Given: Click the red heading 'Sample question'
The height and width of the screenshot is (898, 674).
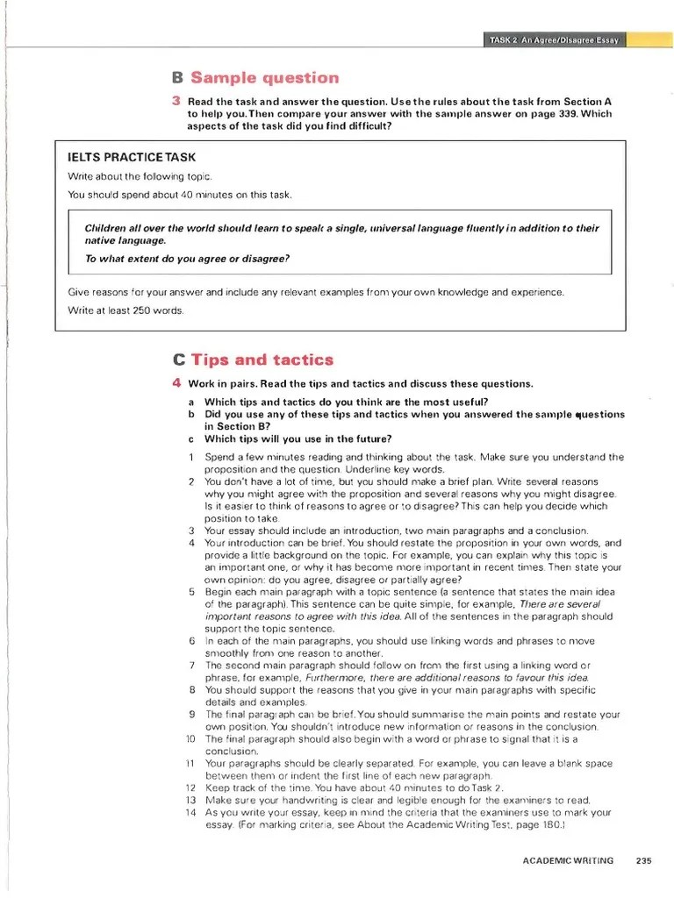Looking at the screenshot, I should tap(264, 78).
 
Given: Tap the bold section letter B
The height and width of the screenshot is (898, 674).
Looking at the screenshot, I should tap(178, 78).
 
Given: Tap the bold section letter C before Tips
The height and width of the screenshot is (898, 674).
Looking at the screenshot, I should tap(179, 360).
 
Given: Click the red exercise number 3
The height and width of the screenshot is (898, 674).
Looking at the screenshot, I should tap(176, 102).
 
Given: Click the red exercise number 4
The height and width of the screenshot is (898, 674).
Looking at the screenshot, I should tap(176, 383).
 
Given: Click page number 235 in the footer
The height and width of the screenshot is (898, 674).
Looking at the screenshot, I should tap(645, 860).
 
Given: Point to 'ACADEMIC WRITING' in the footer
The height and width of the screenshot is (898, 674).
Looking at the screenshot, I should tap(568, 860).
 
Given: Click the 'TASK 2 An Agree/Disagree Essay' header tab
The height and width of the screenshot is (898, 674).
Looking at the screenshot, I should tap(555, 41).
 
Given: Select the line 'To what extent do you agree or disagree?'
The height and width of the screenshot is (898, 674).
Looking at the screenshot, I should tap(187, 259).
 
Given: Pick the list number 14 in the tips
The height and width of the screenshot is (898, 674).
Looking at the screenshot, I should tap(190, 813).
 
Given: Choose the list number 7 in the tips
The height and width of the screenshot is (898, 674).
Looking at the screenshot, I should tap(191, 666).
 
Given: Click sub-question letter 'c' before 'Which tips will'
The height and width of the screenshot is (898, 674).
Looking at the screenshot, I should tap(190, 438).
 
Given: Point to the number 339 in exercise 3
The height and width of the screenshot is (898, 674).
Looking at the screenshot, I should tap(556, 114).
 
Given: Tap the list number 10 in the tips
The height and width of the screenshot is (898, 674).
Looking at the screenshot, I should tap(190, 739).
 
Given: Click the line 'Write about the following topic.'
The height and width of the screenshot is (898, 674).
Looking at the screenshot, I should tap(140, 176).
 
